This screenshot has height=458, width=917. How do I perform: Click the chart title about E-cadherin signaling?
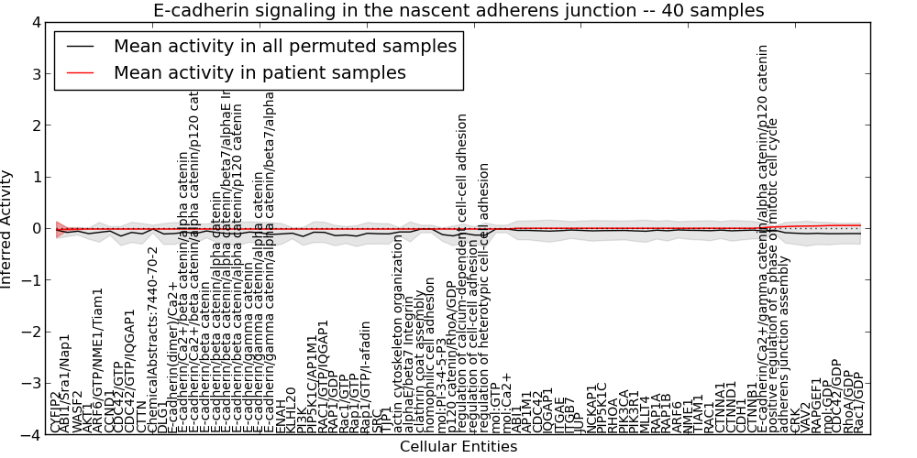coord(458,11)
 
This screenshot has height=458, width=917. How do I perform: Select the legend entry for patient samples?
coord(259,72)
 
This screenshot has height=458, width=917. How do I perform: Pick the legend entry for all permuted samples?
coord(284,46)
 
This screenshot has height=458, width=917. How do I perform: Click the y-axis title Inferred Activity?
coord(8,228)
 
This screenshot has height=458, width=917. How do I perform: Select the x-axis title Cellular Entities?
coord(458,447)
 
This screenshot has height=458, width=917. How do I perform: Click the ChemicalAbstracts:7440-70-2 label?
coord(154,340)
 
